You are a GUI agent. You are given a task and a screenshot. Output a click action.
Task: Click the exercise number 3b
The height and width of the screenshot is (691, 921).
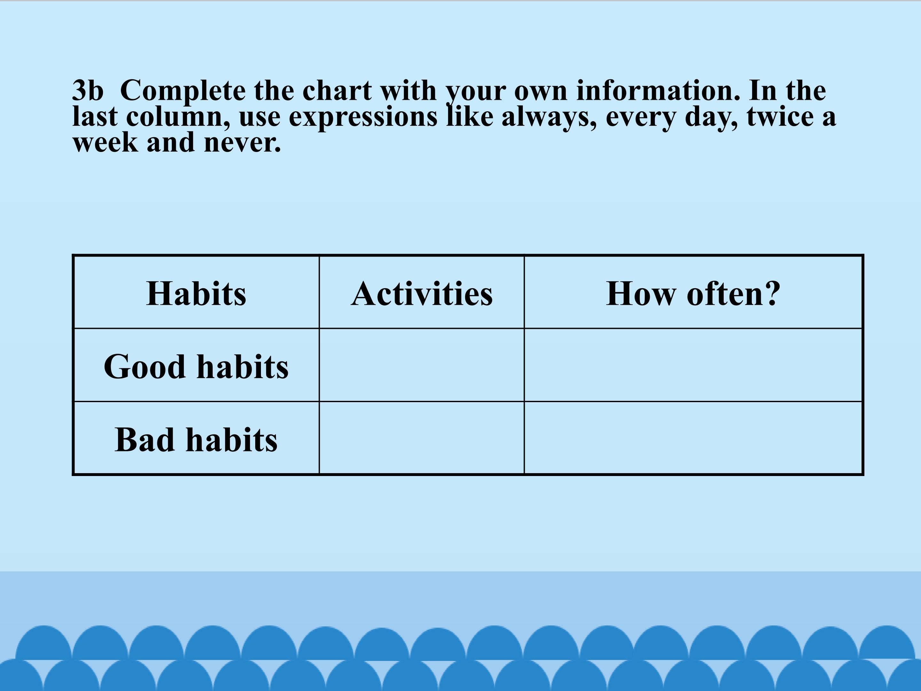pyautogui.click(x=87, y=91)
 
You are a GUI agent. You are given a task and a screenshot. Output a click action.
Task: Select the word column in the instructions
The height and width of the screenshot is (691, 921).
pyautogui.click(x=178, y=117)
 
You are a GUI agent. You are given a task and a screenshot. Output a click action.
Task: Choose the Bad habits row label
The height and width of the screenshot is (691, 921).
pyautogui.click(x=196, y=440)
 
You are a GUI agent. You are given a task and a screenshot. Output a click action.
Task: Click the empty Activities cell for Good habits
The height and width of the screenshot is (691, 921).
pyautogui.click(x=422, y=365)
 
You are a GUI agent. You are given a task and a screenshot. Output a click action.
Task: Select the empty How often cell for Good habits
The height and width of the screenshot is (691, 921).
pyautogui.click(x=693, y=365)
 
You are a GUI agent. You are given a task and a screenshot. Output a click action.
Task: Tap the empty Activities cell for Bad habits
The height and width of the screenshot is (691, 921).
pyautogui.click(x=422, y=438)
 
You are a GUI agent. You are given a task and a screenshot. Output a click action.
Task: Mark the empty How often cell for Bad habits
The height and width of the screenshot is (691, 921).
pyautogui.click(x=693, y=438)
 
